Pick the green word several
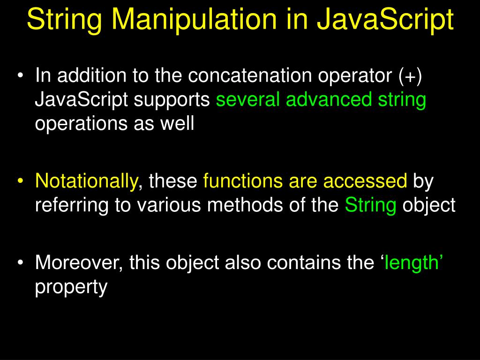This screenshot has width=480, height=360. [x=248, y=100]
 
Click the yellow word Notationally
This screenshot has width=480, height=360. [x=87, y=181]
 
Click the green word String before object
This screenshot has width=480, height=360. [x=371, y=205]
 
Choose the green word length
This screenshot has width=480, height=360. [x=411, y=263]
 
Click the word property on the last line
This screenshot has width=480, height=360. [x=71, y=287]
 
